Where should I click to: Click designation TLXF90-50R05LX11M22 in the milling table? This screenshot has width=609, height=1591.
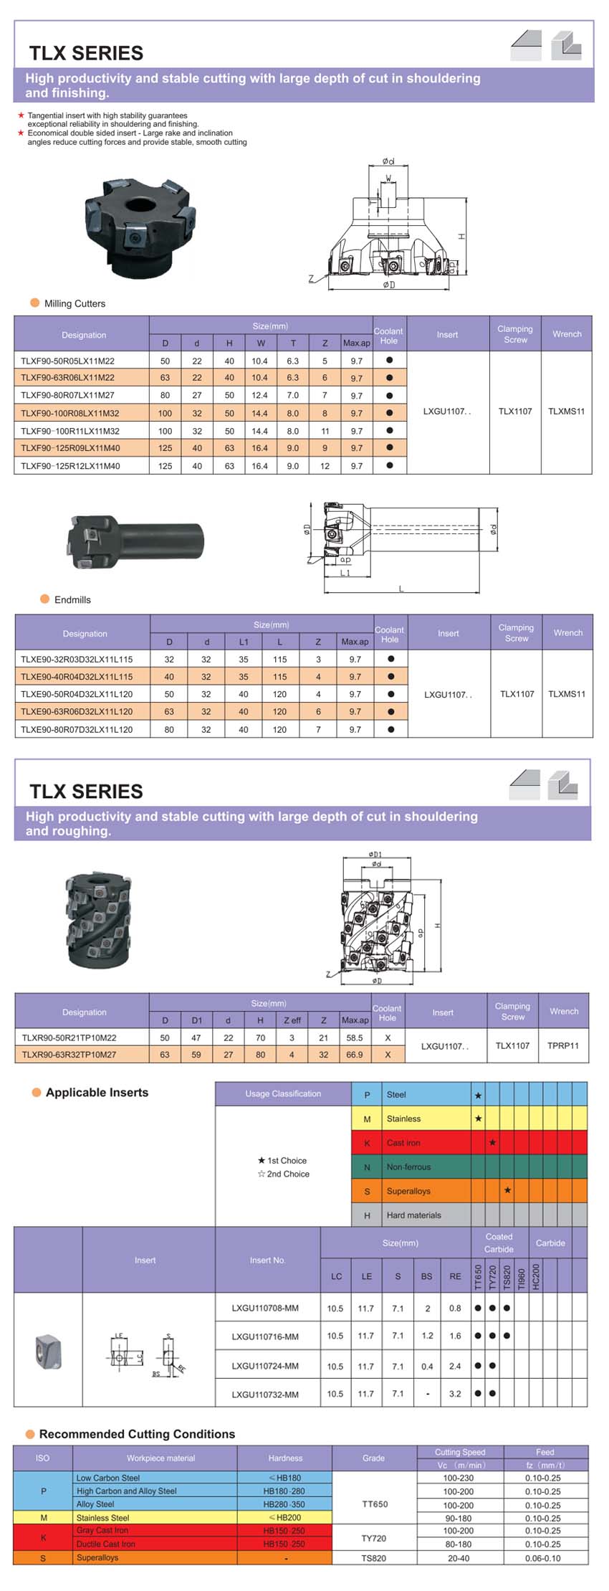(67, 361)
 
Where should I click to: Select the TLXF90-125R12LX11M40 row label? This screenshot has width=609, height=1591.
(70, 466)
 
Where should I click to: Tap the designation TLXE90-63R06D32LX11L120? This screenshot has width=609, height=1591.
(77, 712)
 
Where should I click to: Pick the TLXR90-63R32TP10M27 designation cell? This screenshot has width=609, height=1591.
(69, 1055)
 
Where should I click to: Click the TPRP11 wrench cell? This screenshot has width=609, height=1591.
(562, 1045)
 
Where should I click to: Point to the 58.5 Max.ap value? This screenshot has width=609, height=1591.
(354, 1037)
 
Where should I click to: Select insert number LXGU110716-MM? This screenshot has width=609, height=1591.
(265, 1336)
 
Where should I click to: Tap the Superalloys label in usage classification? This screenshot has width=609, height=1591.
(408, 1191)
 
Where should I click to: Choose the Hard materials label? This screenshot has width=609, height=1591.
(413, 1215)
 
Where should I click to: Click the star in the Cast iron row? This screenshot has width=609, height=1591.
(492, 1143)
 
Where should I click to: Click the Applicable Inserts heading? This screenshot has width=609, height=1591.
(97, 1093)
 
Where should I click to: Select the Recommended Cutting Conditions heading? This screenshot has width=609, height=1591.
(137, 1434)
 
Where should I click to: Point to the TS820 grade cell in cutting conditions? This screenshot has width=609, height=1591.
(373, 1558)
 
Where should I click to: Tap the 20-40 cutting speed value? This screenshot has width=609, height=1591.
(458, 1558)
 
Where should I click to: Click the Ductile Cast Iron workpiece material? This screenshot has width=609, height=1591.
(105, 1544)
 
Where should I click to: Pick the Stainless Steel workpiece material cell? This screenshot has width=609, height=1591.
(102, 1518)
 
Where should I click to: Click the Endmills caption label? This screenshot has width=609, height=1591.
(72, 599)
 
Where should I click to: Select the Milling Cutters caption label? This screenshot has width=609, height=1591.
(75, 303)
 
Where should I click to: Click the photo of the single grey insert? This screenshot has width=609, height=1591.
(48, 1351)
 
